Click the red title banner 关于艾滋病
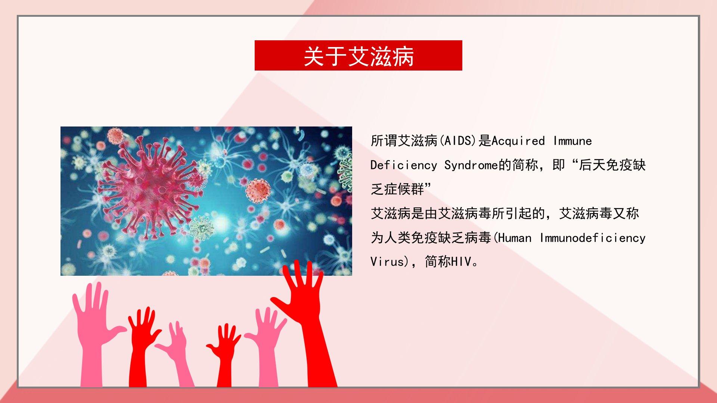[x=358, y=55]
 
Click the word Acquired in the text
[x=518, y=141]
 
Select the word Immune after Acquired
[x=572, y=141]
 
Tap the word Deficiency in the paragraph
[x=404, y=165]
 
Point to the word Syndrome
[x=471, y=165]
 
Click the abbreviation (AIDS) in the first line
[x=458, y=141]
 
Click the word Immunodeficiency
[x=593, y=238]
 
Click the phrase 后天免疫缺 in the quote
[x=612, y=165]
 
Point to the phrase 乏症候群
[x=397, y=189]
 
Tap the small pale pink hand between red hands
[x=176, y=353]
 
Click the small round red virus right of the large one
[x=258, y=190]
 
